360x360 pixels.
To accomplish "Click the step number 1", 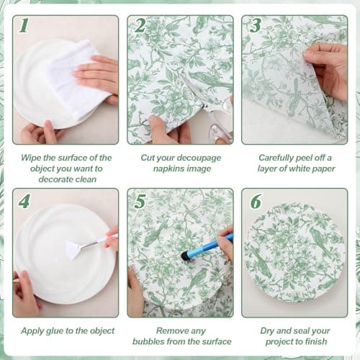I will coord(24,26).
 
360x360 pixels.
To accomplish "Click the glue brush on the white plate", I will coord(79,248).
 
